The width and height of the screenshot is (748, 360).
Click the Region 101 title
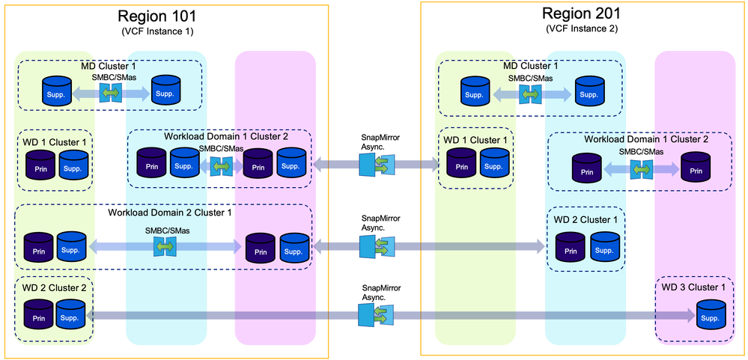click(166, 16)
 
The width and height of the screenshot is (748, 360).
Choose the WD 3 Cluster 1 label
click(692, 287)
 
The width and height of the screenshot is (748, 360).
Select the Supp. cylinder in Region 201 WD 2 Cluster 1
click(605, 246)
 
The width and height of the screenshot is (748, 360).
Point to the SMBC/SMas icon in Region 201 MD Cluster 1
click(530, 93)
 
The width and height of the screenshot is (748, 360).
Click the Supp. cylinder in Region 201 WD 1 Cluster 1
click(494, 163)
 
